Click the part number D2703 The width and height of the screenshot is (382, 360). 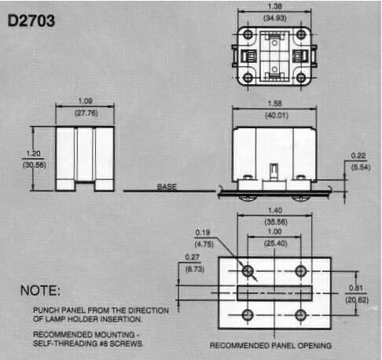coord(31,20)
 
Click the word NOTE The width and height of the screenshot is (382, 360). coord(40,291)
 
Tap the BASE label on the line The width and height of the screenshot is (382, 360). coord(167,186)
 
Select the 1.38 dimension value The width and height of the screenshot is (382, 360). coord(274,6)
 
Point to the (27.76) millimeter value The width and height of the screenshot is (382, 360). coord(86,113)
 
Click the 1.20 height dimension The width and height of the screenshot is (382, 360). coord(33,153)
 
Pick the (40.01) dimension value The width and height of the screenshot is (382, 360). coord(277,116)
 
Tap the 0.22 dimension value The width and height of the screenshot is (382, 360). coord(358,156)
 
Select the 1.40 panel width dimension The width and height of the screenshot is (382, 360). coord(275,210)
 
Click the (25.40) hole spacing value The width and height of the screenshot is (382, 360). coord(276,244)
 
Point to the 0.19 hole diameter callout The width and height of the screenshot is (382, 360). coord(203,233)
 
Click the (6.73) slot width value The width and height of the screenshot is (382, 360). coord(195,269)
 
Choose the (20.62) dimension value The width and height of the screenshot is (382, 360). coord(357,299)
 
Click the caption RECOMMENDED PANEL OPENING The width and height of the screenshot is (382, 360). coord(270,346)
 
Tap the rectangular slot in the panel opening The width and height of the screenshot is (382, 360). coord(274,293)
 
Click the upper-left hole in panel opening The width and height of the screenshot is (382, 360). coord(248,270)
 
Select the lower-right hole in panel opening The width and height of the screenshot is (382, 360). coord(301,315)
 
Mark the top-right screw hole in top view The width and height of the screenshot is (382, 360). coord(301,35)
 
